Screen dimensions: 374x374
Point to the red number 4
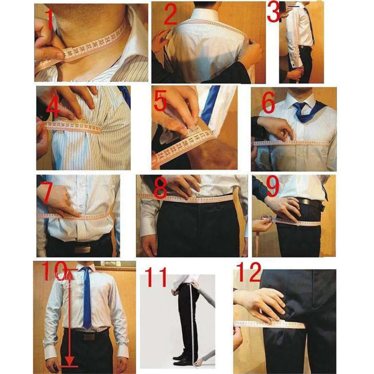[53, 108]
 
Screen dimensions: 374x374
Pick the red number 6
[268, 102]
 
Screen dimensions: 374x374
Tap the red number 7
[47, 193]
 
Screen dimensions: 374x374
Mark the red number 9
[272, 186]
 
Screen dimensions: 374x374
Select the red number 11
[155, 277]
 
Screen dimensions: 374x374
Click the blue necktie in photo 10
[86, 299]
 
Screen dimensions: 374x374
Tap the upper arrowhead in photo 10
[70, 273]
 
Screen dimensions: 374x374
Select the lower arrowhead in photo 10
[69, 362]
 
